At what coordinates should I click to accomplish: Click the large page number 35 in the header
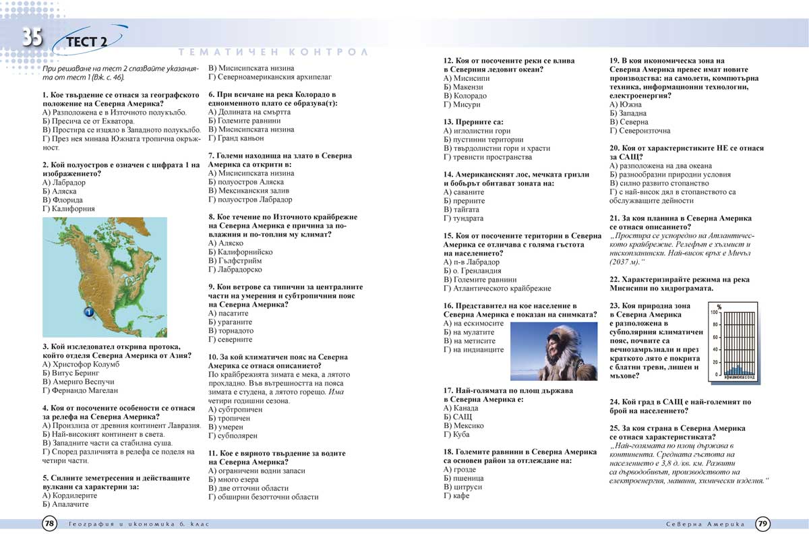tap(32, 36)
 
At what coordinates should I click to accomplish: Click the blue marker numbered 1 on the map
tap(88, 312)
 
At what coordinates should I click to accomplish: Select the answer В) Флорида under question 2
tap(63, 200)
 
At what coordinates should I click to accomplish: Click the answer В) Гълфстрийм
tap(235, 261)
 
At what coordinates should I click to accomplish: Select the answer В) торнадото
tap(231, 331)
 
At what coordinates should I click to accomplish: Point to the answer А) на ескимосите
tap(474, 323)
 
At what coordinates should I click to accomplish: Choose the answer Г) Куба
tap(456, 435)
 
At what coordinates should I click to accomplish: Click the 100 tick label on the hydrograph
tap(714, 313)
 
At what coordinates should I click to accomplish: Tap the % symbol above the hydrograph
tap(719, 307)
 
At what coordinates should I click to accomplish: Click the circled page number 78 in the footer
tap(50, 523)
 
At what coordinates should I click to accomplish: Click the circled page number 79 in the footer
tap(762, 523)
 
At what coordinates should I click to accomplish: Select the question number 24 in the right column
tap(614, 402)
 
